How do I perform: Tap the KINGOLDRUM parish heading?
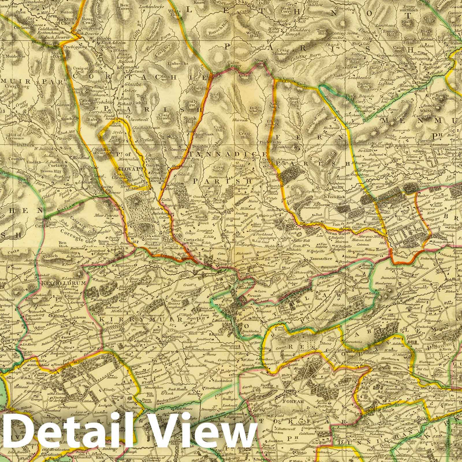pos(59,283)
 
